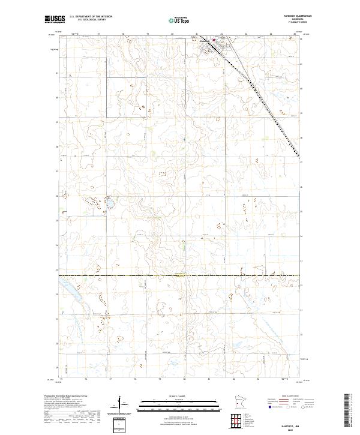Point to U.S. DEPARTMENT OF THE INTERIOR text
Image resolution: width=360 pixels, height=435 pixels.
click(91, 17)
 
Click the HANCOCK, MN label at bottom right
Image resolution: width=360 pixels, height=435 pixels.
click(287, 425)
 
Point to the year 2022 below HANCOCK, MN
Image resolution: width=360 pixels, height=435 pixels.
click(287, 429)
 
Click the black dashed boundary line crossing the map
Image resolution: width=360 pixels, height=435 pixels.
click(180, 276)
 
